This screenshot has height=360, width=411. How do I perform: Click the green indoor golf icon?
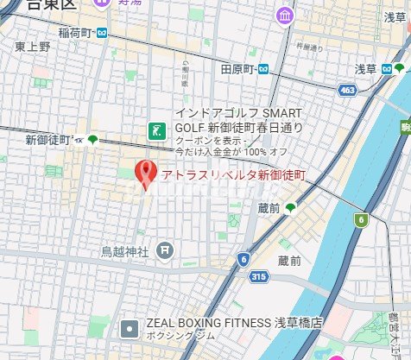(157, 130)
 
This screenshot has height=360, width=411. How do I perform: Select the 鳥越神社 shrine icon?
(165, 251)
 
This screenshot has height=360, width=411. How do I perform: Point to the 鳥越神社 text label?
(125, 252)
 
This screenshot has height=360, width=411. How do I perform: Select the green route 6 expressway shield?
(360, 219)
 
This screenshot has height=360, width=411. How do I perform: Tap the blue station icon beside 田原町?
(262, 69)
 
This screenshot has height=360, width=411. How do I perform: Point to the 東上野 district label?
(33, 47)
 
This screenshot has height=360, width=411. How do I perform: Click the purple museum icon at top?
(284, 15)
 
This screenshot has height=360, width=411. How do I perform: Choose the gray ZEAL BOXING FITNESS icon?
(130, 327)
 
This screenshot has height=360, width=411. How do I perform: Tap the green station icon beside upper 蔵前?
(291, 208)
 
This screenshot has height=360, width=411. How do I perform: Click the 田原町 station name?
(237, 69)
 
